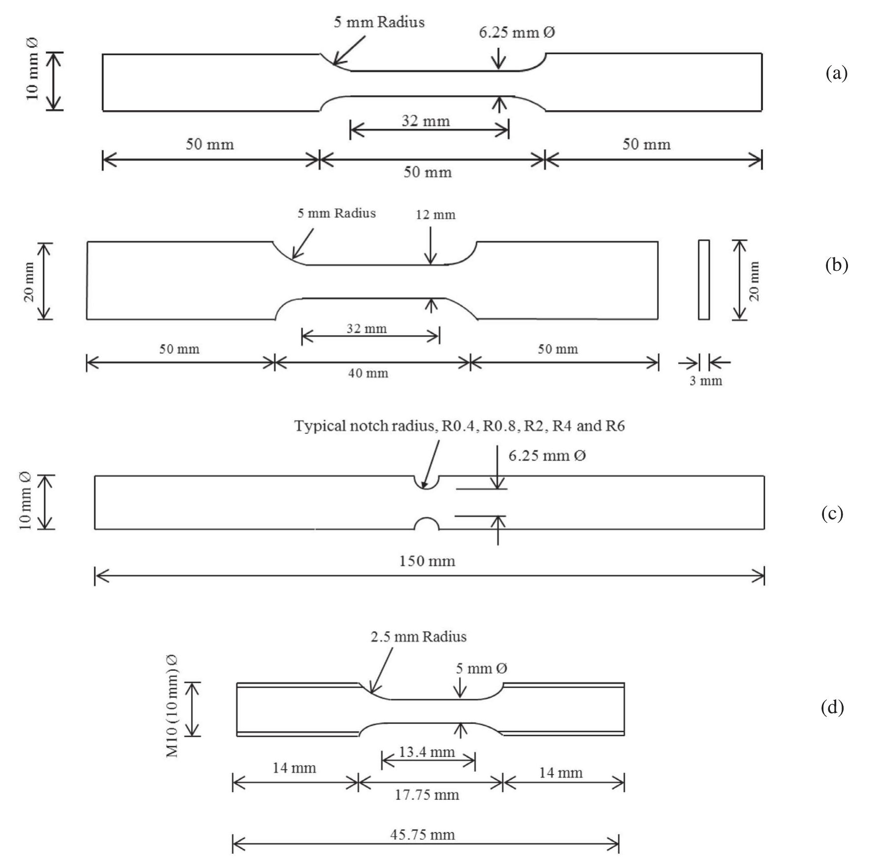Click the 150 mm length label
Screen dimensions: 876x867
427,561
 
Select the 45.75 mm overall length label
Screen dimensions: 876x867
423,835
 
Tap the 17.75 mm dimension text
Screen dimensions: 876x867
427,795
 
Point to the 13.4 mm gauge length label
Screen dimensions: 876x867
426,752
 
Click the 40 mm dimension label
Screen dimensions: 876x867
368,373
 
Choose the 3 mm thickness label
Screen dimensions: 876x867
706,381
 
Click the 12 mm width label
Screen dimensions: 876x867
435,215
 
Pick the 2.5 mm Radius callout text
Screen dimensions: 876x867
419,637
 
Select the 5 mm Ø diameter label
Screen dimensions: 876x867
481,668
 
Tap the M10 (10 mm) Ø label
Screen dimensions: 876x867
172,706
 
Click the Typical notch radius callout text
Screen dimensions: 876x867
459,426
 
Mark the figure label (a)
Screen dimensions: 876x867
836,73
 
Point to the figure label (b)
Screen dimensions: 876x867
836,265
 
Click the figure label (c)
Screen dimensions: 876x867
832,513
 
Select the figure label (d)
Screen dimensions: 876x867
832,707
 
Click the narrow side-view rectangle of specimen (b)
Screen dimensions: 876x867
704,280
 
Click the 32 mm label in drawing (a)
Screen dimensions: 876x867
425,121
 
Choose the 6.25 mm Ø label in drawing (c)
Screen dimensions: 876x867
547,456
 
